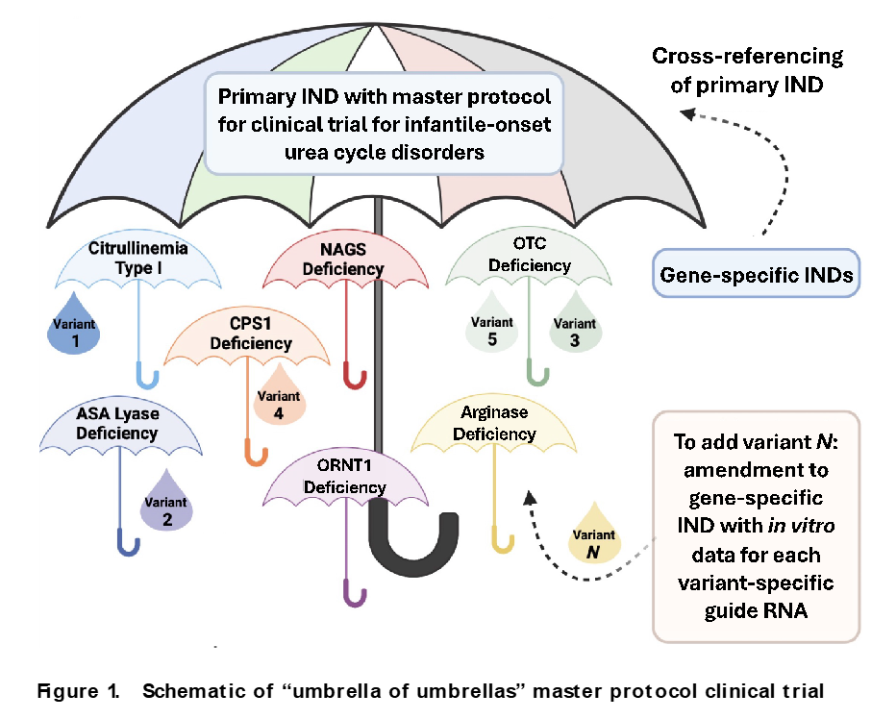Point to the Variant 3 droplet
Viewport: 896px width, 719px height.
[574, 331]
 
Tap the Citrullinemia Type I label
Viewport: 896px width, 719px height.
[139, 258]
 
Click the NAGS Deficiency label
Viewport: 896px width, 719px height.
[342, 259]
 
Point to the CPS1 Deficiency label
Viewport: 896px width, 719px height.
[251, 333]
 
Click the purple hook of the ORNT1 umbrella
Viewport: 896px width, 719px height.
[354, 594]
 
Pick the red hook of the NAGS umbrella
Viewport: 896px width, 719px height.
[354, 376]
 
